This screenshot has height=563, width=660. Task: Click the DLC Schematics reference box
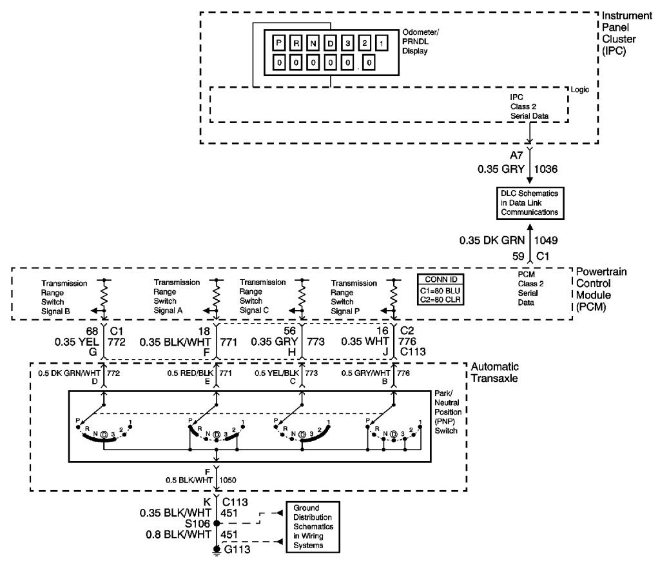529,202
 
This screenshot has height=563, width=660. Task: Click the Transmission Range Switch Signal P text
354,297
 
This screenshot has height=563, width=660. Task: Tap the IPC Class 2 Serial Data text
529,106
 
